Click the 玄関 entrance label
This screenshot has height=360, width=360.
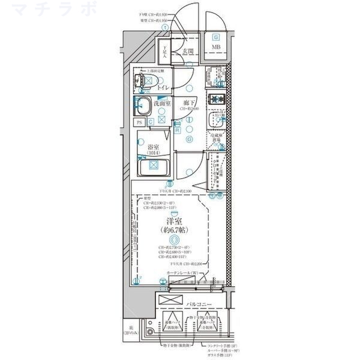[188, 52]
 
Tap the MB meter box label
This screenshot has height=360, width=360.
[215, 49]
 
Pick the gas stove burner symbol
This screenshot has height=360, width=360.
[215, 99]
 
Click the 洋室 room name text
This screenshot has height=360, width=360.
[175, 223]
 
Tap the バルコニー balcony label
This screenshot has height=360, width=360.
[199, 305]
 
